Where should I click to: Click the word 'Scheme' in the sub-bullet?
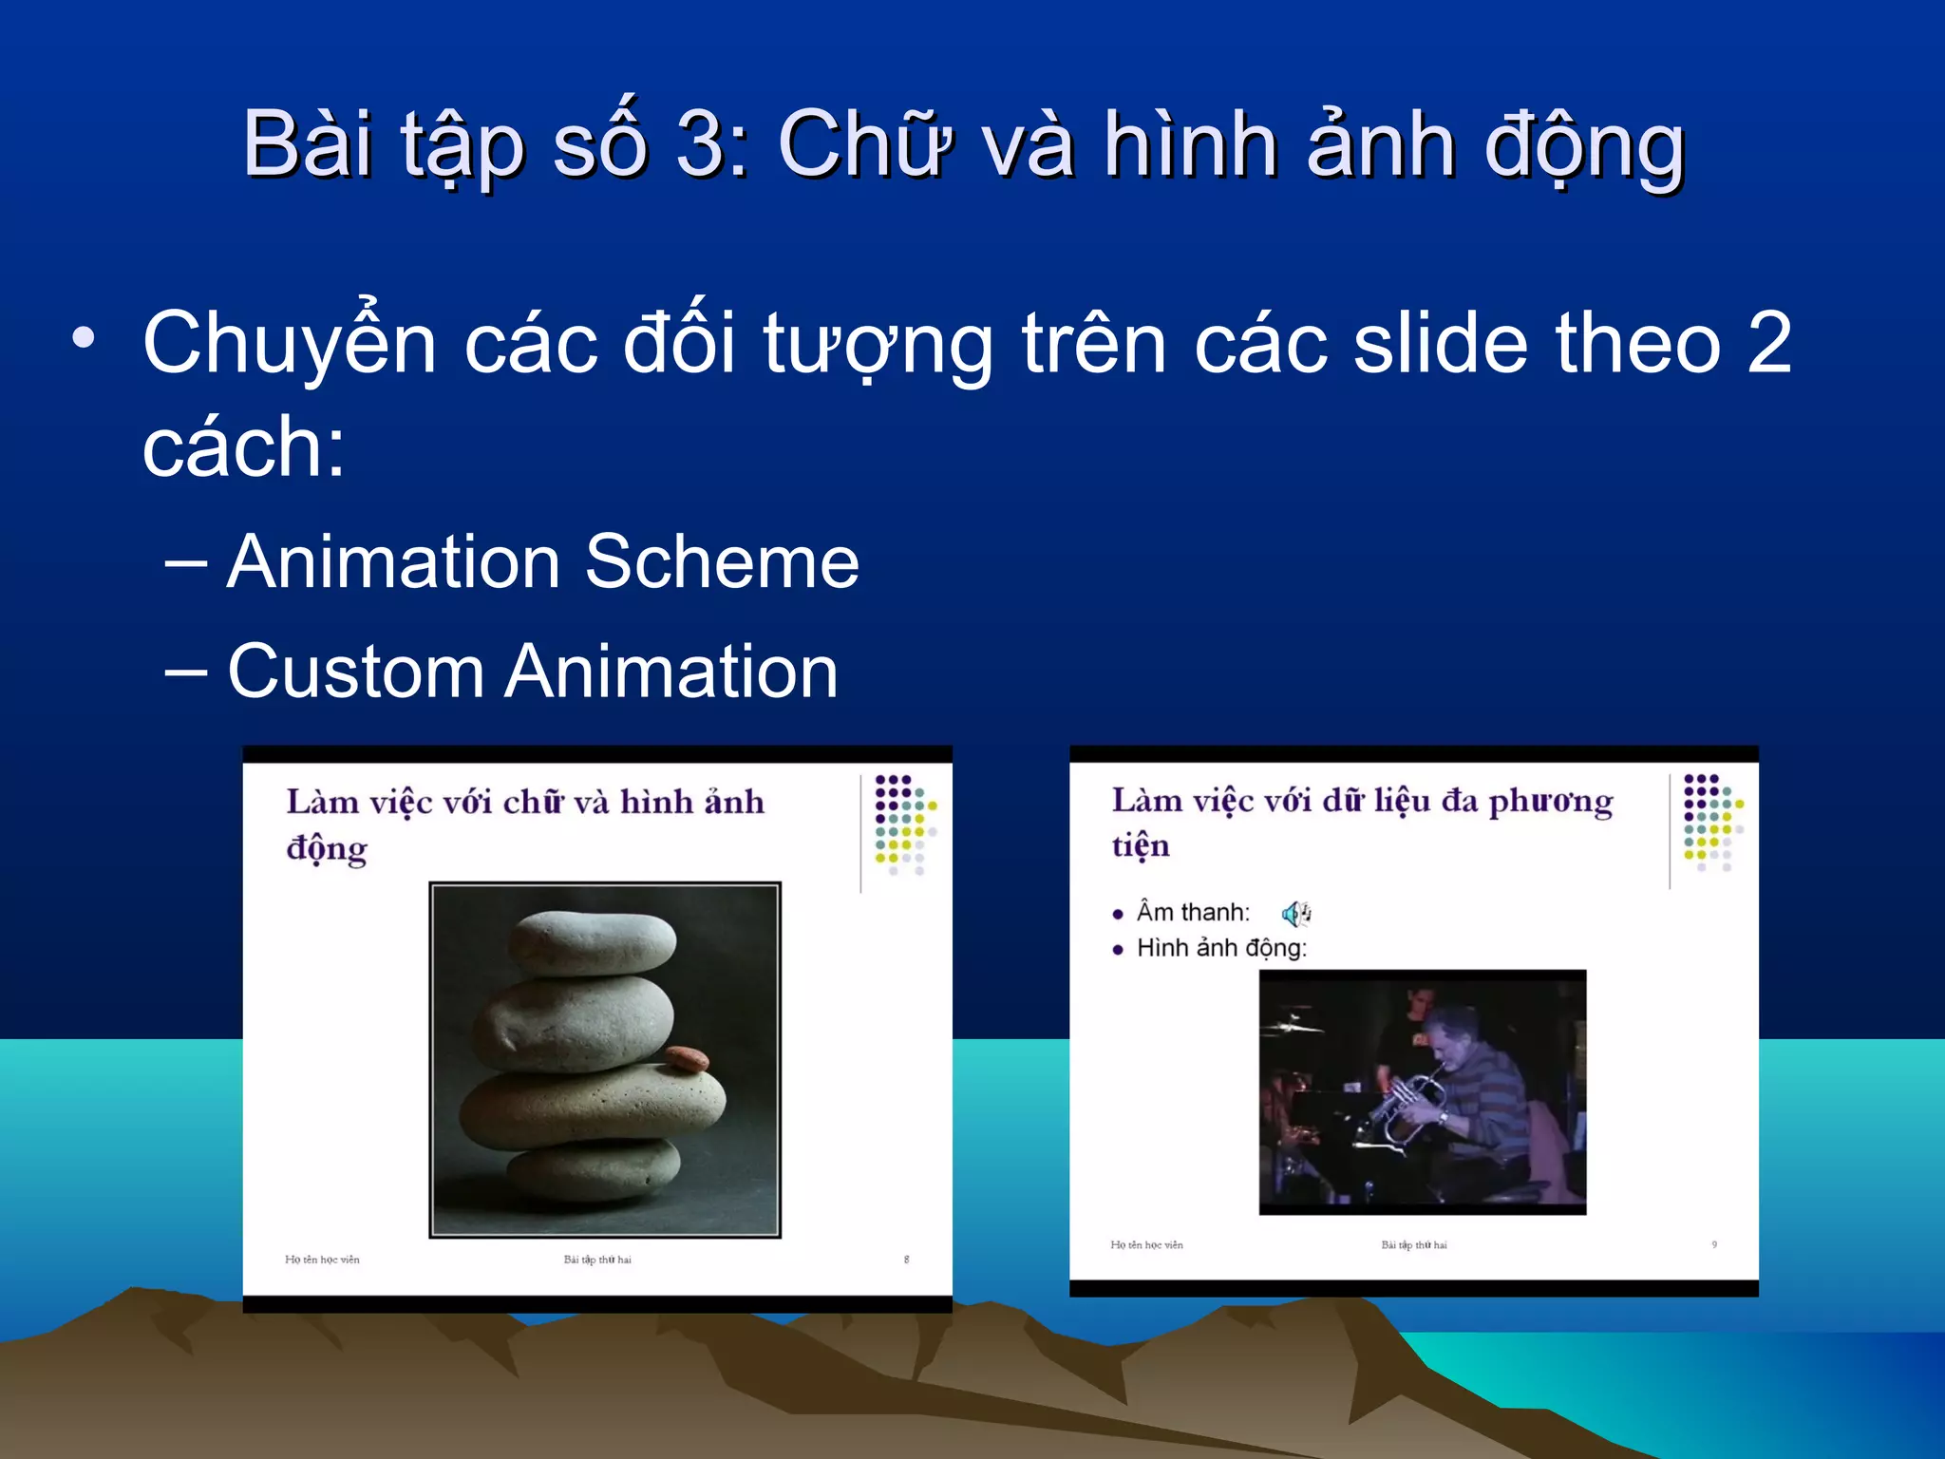point(722,562)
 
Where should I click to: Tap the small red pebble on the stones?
point(686,1057)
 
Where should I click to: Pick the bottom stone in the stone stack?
point(594,1170)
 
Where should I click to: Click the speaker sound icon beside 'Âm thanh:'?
point(1295,914)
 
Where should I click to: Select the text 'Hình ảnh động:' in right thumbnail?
point(1221,948)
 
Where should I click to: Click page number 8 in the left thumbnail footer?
point(906,1260)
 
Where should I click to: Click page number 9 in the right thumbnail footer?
point(1714,1244)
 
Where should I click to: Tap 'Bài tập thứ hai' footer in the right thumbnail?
point(1413,1244)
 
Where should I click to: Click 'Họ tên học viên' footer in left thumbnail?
point(322,1260)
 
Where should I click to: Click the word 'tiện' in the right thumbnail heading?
point(1141,844)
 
